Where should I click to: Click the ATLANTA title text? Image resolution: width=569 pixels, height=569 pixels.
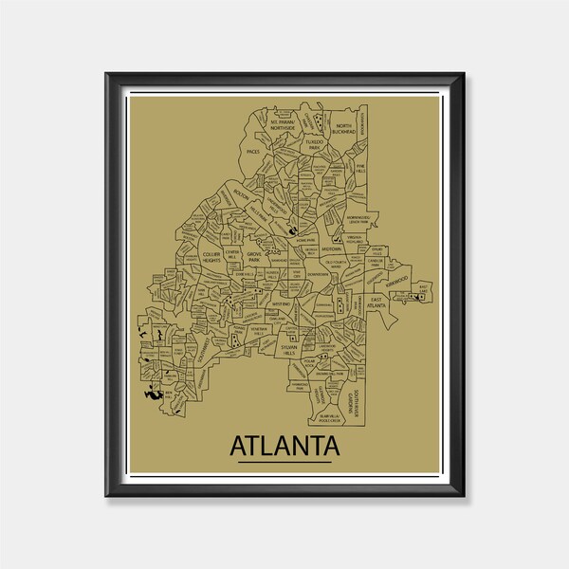284,445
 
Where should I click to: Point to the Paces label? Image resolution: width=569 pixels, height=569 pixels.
252,151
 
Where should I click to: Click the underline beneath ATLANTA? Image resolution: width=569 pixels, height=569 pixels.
284,462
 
